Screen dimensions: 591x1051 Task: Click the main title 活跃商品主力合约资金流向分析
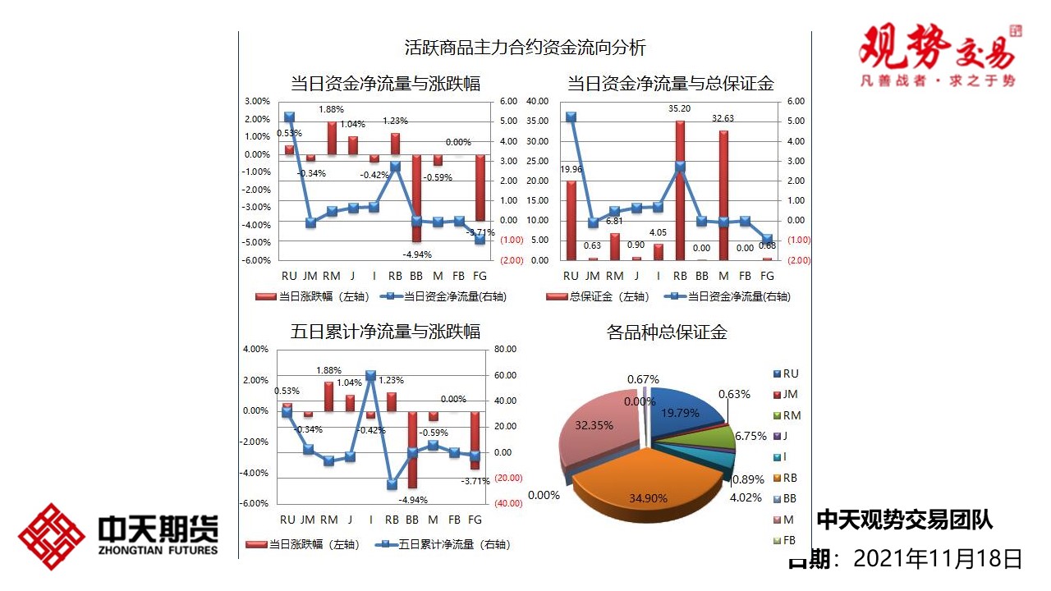coord(525,47)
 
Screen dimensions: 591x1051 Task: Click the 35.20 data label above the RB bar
coord(679,108)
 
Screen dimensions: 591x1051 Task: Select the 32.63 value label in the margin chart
coord(723,118)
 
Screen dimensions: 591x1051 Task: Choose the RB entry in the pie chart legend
coord(790,478)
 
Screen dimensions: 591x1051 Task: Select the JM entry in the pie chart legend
coord(790,394)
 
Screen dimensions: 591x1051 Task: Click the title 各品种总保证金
coord(667,332)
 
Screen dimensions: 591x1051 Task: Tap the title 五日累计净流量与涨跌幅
coord(385,332)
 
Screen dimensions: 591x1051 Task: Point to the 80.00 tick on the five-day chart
coord(506,350)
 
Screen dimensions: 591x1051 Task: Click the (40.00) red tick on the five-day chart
coord(507,504)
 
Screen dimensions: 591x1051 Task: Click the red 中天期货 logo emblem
coord(52,537)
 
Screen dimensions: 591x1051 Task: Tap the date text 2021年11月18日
coord(938,559)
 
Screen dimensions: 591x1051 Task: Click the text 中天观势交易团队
coord(904,520)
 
